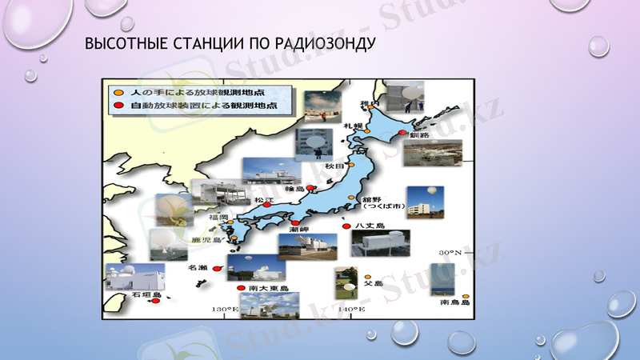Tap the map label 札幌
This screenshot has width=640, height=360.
pos(353,126)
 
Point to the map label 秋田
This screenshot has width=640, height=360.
pos(334,166)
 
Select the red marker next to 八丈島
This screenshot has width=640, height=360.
pos(346,226)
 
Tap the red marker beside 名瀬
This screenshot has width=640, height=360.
pos(217,268)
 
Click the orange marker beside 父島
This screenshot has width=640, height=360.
pos(367,276)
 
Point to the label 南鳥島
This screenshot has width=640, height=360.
pos(453,303)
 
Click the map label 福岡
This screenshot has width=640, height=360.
pos(218,217)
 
